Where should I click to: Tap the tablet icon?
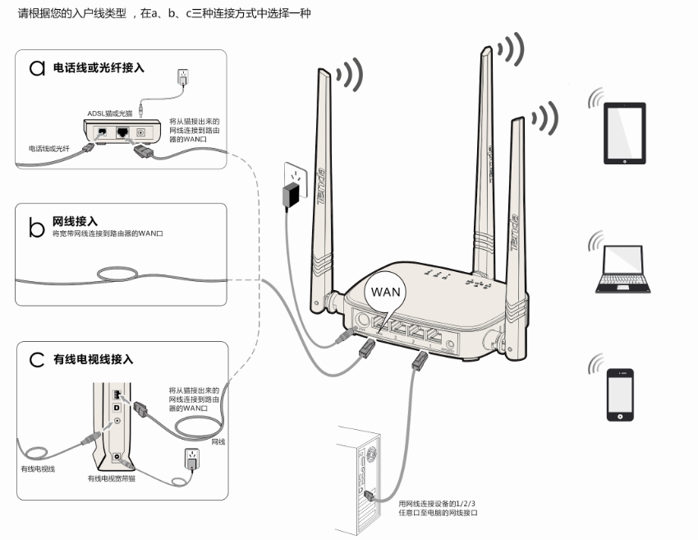tap(625, 133)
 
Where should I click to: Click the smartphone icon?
tap(620, 395)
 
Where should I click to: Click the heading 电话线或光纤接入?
tap(99, 68)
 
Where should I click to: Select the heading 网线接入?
tap(75, 221)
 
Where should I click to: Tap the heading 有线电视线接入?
tap(93, 359)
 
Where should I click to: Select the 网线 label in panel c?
tap(218, 442)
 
